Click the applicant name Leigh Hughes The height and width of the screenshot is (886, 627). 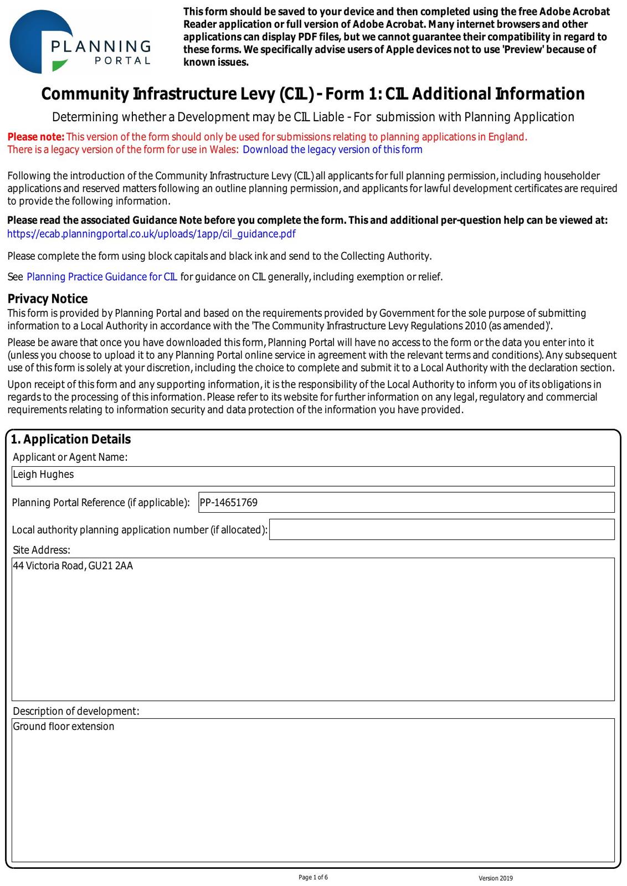(x=43, y=475)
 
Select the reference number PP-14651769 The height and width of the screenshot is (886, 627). (x=229, y=503)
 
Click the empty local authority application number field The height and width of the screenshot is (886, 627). (x=441, y=529)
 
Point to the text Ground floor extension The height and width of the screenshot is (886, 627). (x=64, y=727)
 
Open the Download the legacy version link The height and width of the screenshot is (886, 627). (x=332, y=150)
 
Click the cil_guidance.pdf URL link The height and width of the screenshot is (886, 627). (x=151, y=234)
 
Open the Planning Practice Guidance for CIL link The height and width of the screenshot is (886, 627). (x=102, y=277)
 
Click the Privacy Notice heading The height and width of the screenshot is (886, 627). (x=48, y=299)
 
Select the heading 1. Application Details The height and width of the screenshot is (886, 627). (x=71, y=439)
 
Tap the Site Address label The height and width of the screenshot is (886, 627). (x=42, y=550)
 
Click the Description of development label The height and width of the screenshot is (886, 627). (x=76, y=711)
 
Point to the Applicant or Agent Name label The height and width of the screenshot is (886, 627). (x=70, y=457)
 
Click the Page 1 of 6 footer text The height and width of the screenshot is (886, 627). (x=313, y=877)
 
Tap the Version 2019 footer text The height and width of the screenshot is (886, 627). (x=496, y=878)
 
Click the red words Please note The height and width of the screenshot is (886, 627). (x=36, y=137)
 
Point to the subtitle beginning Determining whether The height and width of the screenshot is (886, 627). (x=313, y=117)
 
